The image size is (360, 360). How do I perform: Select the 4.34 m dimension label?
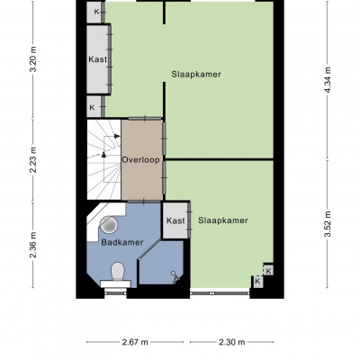point(328,79)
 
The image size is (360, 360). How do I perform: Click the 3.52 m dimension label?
point(328,224)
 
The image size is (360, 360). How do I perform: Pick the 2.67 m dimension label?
point(135,342)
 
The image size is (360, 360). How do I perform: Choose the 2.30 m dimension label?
point(232,342)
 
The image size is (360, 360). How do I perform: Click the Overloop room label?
point(140,160)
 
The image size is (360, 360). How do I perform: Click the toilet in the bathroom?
point(117,275)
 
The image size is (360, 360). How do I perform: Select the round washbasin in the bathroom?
point(108,224)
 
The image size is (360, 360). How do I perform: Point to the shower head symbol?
point(175,277)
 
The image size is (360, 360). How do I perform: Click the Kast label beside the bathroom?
point(175,221)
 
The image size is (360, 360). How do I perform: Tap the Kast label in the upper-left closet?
point(97,59)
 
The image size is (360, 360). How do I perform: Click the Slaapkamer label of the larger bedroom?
point(196,74)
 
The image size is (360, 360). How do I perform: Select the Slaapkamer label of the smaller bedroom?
point(223,220)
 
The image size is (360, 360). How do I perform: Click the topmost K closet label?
point(96,12)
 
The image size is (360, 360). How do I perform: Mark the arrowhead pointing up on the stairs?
point(103,154)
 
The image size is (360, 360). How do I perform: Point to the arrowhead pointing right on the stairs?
point(117,136)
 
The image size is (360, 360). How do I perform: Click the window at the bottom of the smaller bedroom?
point(220,292)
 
